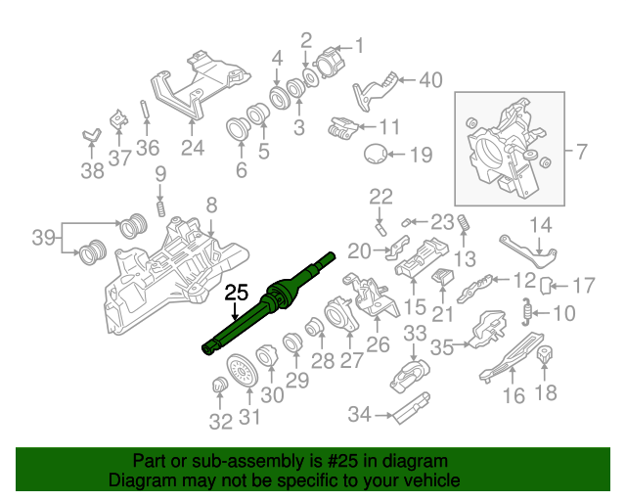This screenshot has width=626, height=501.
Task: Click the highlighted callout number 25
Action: coord(237,292)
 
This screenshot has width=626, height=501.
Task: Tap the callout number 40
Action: coord(430,80)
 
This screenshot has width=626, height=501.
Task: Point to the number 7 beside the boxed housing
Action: coord(581,152)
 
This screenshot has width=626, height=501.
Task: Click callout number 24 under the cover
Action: coord(192,148)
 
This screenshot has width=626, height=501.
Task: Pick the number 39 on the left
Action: coord(43,238)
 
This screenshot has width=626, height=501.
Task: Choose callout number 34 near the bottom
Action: coord(360,415)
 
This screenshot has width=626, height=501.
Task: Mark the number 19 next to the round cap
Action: coord(420,154)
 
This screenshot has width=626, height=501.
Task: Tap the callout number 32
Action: coord(220,422)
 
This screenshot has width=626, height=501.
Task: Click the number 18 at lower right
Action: coord(546,393)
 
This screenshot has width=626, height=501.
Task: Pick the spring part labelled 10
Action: coord(529,312)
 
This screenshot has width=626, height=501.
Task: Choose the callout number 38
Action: coord(91,172)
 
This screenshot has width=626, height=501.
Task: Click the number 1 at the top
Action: coord(358,44)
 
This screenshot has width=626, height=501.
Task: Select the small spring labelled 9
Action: coord(161,207)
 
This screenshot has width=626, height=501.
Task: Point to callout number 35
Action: coord(442,346)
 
